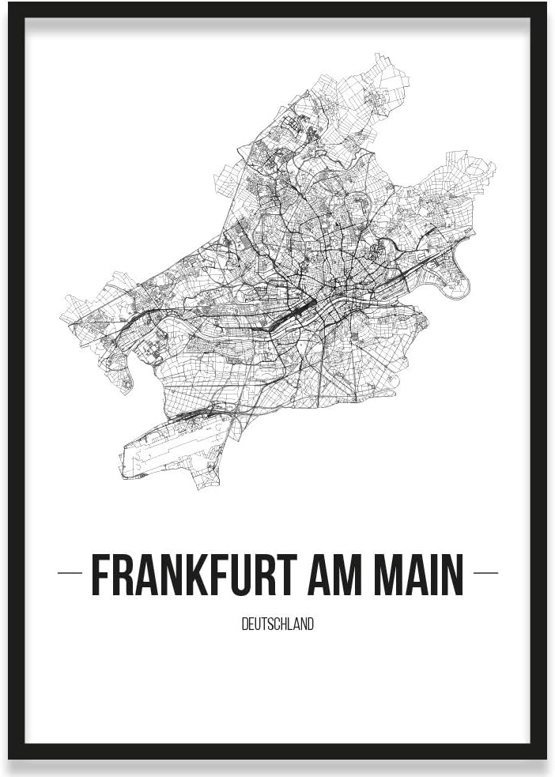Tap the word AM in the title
point(364,575)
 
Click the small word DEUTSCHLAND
point(277,624)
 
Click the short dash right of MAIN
point(485,573)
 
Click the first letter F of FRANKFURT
point(100,575)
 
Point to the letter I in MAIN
point(440,575)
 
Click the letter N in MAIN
point(455,575)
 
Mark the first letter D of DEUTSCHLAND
point(244,624)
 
